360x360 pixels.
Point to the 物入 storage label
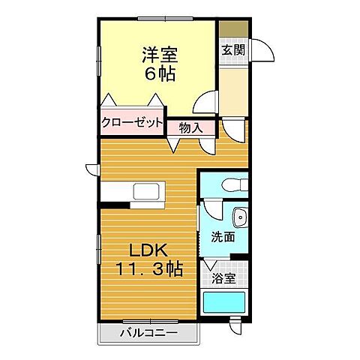190,127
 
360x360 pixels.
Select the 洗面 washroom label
223,237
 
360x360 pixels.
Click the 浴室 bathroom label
223,279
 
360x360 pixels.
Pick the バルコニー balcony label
148,333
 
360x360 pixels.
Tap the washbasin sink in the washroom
239,217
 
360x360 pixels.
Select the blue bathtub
226,304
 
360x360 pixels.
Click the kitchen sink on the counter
145,192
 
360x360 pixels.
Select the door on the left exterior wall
92,169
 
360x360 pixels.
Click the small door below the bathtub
235,328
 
